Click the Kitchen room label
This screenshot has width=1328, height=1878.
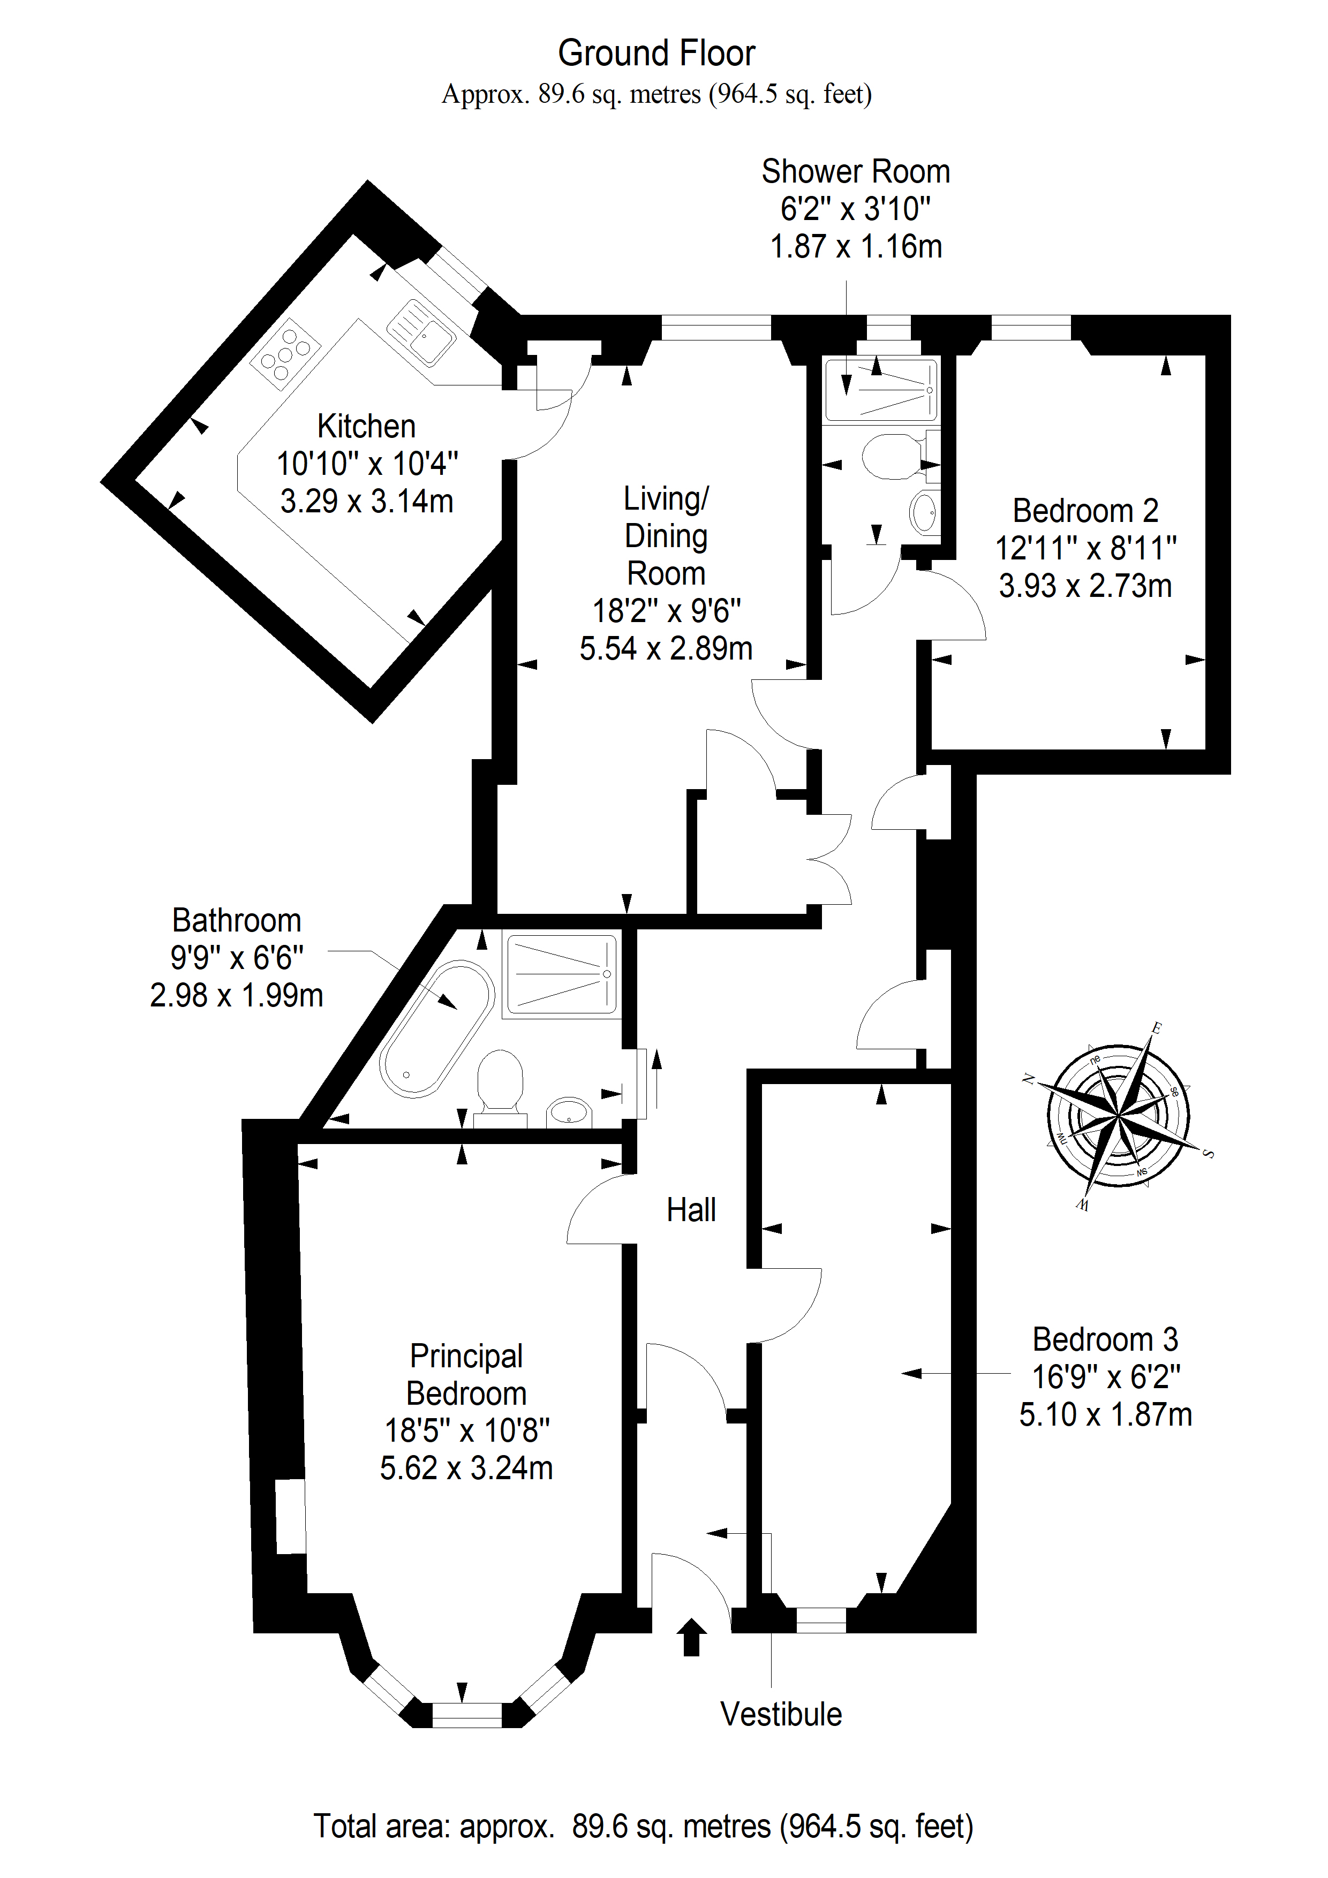(x=367, y=426)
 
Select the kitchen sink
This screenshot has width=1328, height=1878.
(x=420, y=331)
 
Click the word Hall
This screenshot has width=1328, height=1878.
(x=691, y=1210)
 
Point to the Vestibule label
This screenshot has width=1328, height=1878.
(x=781, y=1714)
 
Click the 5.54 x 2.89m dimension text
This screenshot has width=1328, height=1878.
(x=666, y=649)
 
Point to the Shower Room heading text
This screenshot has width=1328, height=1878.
(x=856, y=172)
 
